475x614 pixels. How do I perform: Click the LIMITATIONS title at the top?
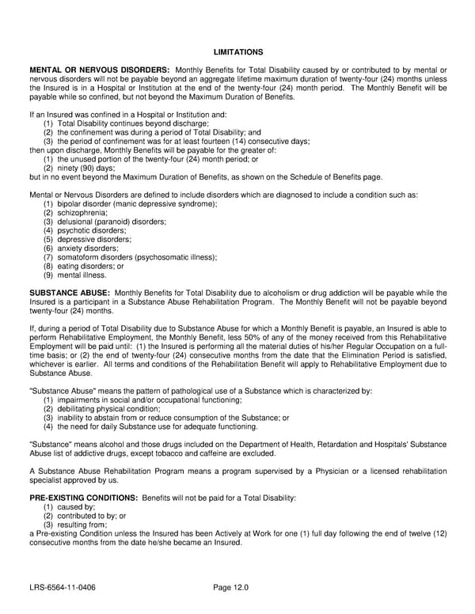(237, 51)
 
